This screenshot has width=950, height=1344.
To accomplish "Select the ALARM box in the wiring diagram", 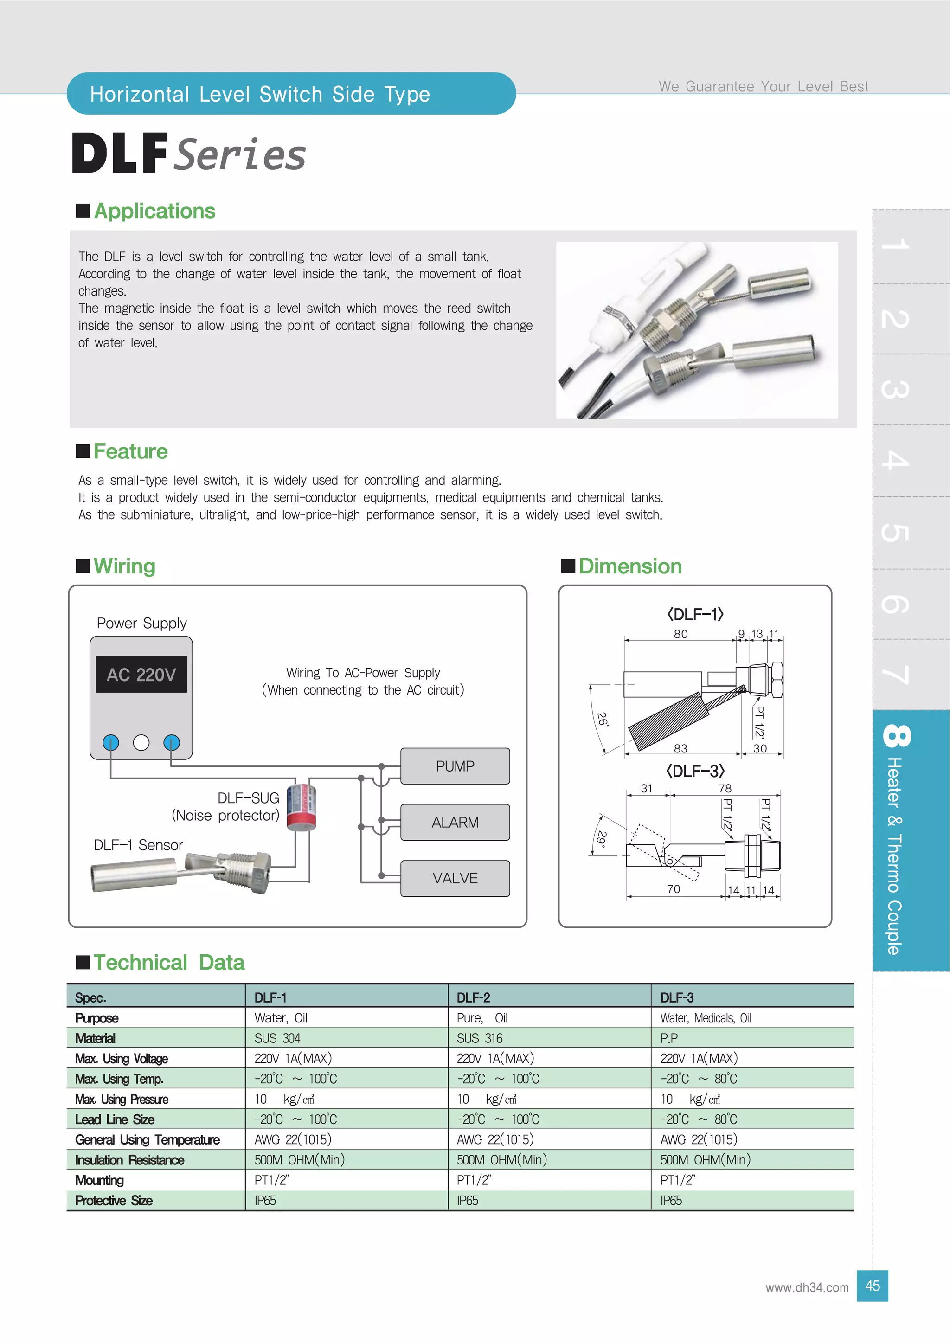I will (x=455, y=822).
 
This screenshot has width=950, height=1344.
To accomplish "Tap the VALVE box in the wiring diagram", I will (x=455, y=878).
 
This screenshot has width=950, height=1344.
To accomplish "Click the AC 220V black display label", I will (x=141, y=675).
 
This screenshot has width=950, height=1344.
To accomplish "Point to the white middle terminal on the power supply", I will (x=141, y=742).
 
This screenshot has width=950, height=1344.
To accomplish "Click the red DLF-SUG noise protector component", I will (x=301, y=807).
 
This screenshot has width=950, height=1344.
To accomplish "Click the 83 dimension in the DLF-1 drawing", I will (x=680, y=748).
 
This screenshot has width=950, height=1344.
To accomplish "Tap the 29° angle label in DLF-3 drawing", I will (x=601, y=839).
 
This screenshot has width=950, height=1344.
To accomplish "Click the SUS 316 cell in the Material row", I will (x=479, y=1038).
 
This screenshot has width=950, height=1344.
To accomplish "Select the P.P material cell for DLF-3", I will (x=669, y=1038).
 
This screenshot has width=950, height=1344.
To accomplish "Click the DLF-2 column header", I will (x=473, y=997).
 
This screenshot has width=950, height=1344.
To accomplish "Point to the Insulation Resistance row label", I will (x=129, y=1160).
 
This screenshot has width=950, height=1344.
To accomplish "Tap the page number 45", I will (x=872, y=1286).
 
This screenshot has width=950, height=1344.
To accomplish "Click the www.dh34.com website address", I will (x=807, y=1287).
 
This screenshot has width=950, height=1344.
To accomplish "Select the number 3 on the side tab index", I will (x=895, y=389).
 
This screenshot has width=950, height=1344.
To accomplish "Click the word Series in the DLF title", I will (x=240, y=155).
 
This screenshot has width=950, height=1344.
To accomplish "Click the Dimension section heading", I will (x=630, y=566).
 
